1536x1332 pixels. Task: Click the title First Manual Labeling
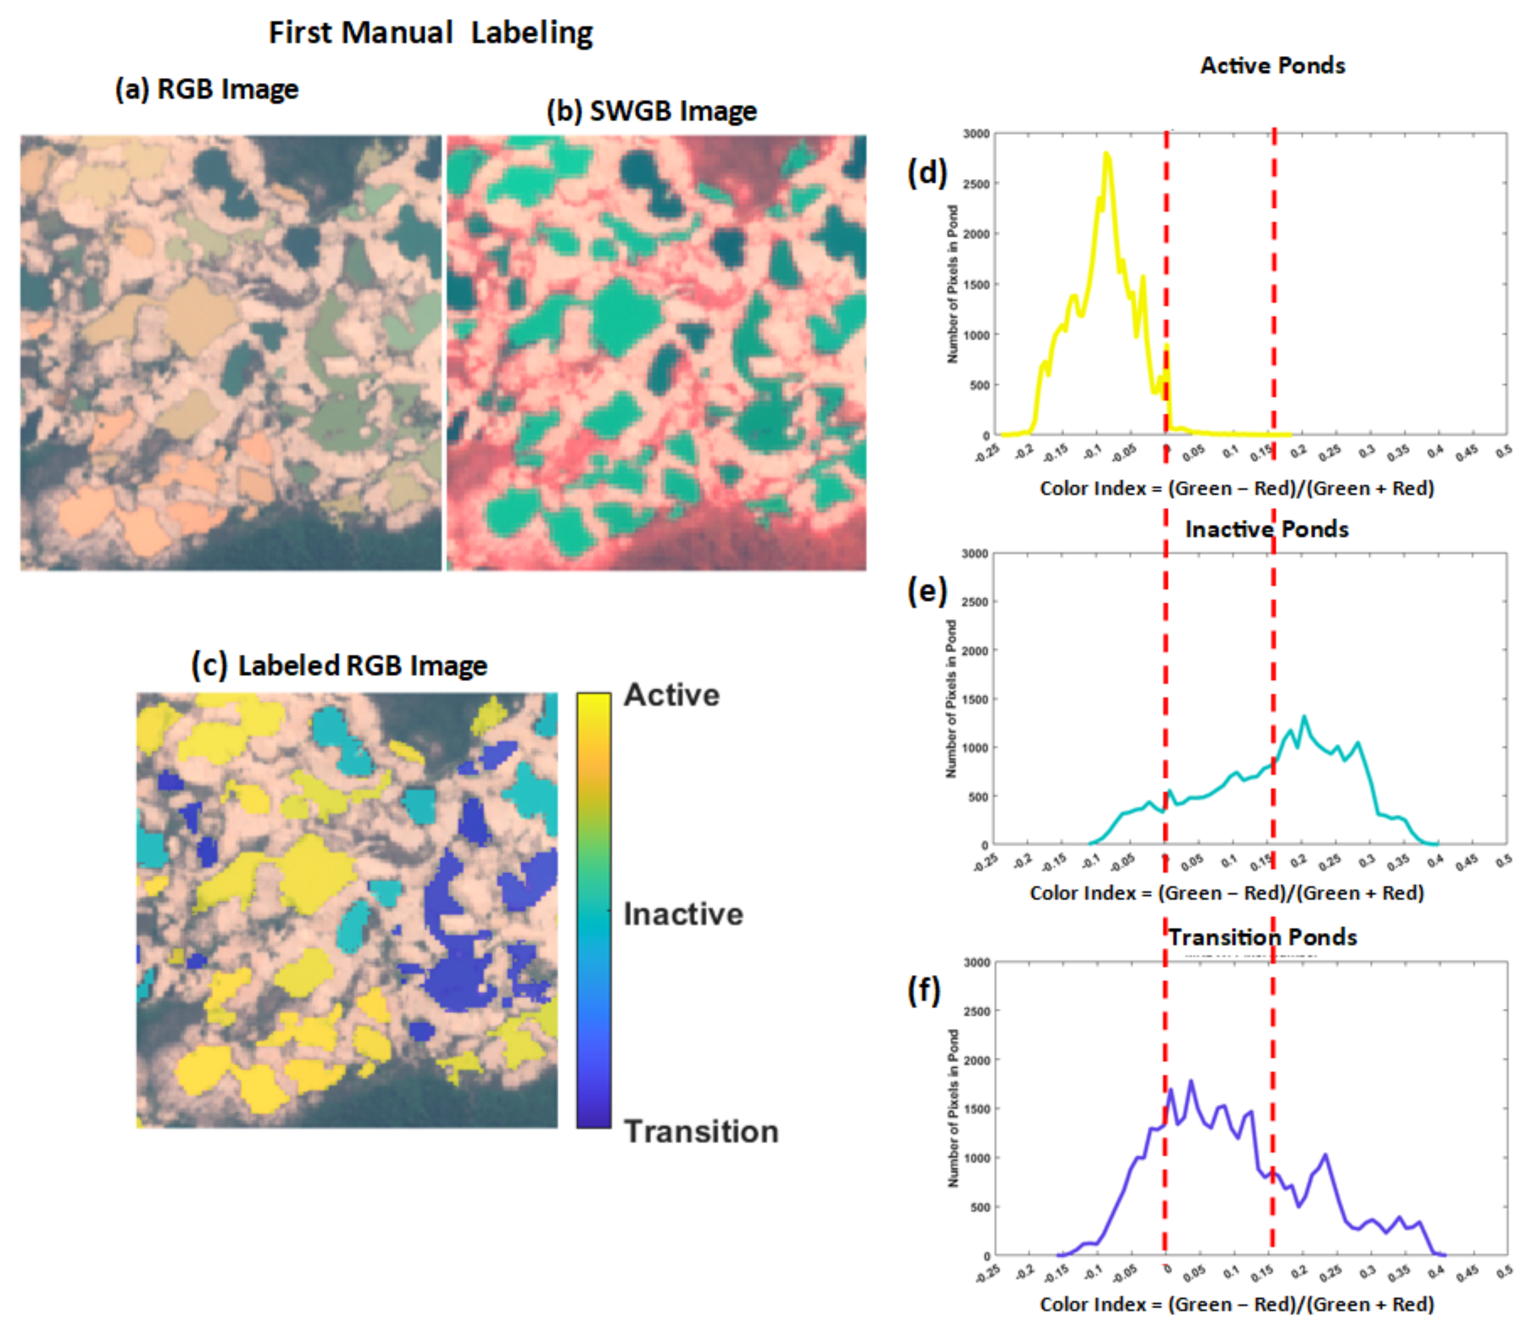click(x=430, y=33)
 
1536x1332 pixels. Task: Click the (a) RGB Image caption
click(x=207, y=89)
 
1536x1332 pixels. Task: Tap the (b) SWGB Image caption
click(x=651, y=112)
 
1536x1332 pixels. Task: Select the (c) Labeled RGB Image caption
click(x=340, y=666)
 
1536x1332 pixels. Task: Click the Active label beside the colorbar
click(x=671, y=695)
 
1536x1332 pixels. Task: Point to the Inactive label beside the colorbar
click(x=683, y=914)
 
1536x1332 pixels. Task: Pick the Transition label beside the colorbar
click(x=701, y=1131)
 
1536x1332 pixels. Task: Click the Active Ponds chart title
click(x=1272, y=65)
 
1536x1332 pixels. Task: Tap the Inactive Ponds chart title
click(x=1266, y=529)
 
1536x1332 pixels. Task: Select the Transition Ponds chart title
click(x=1262, y=937)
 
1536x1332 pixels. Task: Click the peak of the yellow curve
click(x=1107, y=154)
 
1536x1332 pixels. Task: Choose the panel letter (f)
click(x=924, y=991)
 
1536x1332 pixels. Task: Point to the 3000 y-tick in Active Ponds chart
click(x=976, y=134)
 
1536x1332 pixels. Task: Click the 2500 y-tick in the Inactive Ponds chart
click(x=975, y=602)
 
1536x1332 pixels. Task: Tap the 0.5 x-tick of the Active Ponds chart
click(x=1503, y=451)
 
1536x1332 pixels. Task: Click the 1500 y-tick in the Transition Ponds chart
click(x=976, y=1109)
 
